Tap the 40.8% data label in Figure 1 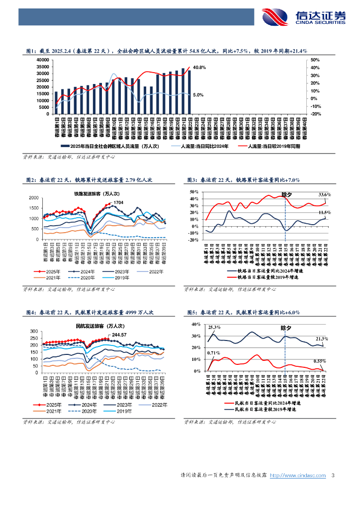pyautogui.click(x=200, y=67)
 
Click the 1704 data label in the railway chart pyautogui.click(x=118, y=203)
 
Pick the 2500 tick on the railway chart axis pyautogui.click(x=34, y=198)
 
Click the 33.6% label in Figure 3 pyautogui.click(x=324, y=194)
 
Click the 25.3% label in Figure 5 pyautogui.click(x=214, y=327)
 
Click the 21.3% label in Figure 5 pyautogui.click(x=321, y=339)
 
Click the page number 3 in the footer pyautogui.click(x=332, y=476)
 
